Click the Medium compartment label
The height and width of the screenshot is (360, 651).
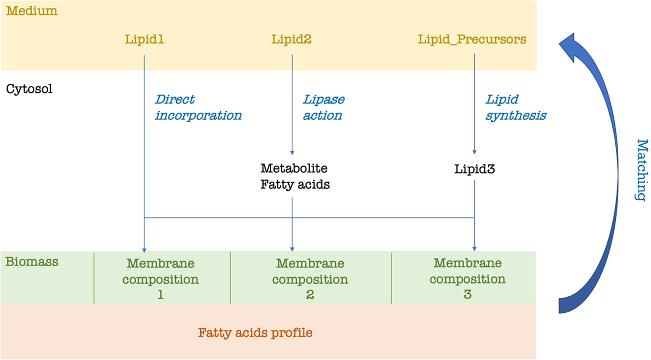(x=31, y=11)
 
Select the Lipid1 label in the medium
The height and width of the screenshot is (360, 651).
(x=144, y=39)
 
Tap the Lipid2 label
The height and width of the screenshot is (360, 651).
(x=291, y=39)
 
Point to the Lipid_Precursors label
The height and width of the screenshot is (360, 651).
(x=472, y=39)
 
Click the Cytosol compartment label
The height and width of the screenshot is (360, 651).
(x=29, y=89)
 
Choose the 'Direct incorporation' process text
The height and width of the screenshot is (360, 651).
(x=198, y=107)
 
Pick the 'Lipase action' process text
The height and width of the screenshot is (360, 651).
(x=323, y=107)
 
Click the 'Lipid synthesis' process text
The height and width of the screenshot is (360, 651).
(x=515, y=107)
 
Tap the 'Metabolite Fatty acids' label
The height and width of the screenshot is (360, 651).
(x=295, y=176)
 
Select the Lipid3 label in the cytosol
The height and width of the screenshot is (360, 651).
(x=474, y=169)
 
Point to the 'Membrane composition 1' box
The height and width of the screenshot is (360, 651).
(x=161, y=278)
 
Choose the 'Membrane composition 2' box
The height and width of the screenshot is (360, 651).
(x=310, y=278)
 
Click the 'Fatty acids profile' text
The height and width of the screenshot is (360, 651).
(x=255, y=332)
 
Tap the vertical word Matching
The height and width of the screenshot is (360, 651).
(x=640, y=170)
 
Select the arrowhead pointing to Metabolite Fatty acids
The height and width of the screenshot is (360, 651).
(x=292, y=151)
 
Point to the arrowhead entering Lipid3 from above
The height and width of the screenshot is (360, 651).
(x=474, y=151)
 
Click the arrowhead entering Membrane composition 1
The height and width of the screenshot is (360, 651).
(x=144, y=249)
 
